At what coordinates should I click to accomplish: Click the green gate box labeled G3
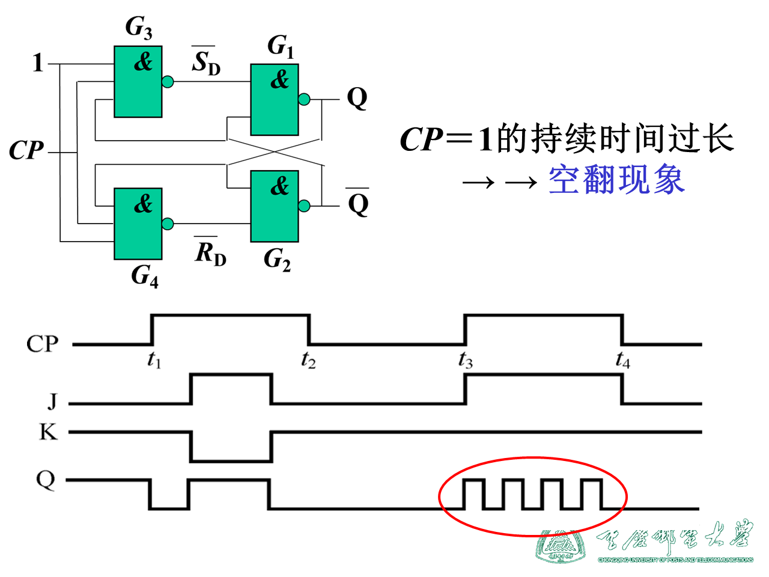point(138,82)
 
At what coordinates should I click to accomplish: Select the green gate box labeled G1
point(275,100)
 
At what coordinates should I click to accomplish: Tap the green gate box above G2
point(275,206)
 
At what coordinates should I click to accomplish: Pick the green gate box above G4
point(138,224)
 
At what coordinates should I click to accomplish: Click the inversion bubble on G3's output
point(168,82)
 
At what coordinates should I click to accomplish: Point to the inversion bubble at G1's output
point(305,99)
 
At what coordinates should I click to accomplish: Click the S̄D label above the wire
point(205,61)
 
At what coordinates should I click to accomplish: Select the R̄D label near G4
point(210,252)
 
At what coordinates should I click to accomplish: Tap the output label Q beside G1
point(357,98)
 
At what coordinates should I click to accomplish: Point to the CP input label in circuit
point(26,150)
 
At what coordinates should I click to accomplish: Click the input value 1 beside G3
point(38,63)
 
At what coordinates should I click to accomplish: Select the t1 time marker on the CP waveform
point(154,360)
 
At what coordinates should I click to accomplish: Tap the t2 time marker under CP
point(308,360)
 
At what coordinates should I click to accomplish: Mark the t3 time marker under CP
point(466,360)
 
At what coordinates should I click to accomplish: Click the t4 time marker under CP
point(623,360)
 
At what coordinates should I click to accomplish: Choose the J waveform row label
point(53,400)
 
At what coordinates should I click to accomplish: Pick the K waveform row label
point(48,432)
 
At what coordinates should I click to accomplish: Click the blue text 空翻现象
point(616,180)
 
